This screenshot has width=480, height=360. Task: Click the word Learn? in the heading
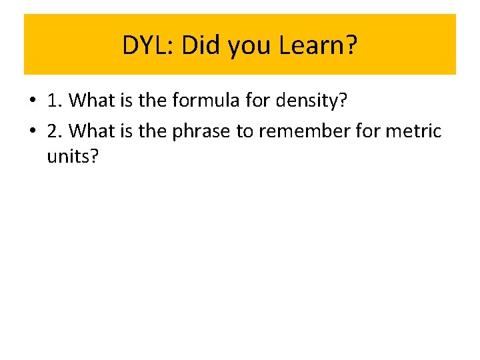[x=319, y=45]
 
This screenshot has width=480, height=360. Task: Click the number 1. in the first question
[x=55, y=101]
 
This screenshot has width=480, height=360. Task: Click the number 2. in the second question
[x=55, y=131]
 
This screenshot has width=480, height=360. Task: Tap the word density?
[x=313, y=101]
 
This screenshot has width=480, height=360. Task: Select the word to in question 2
[x=245, y=131]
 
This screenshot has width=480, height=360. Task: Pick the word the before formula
[x=152, y=101]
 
